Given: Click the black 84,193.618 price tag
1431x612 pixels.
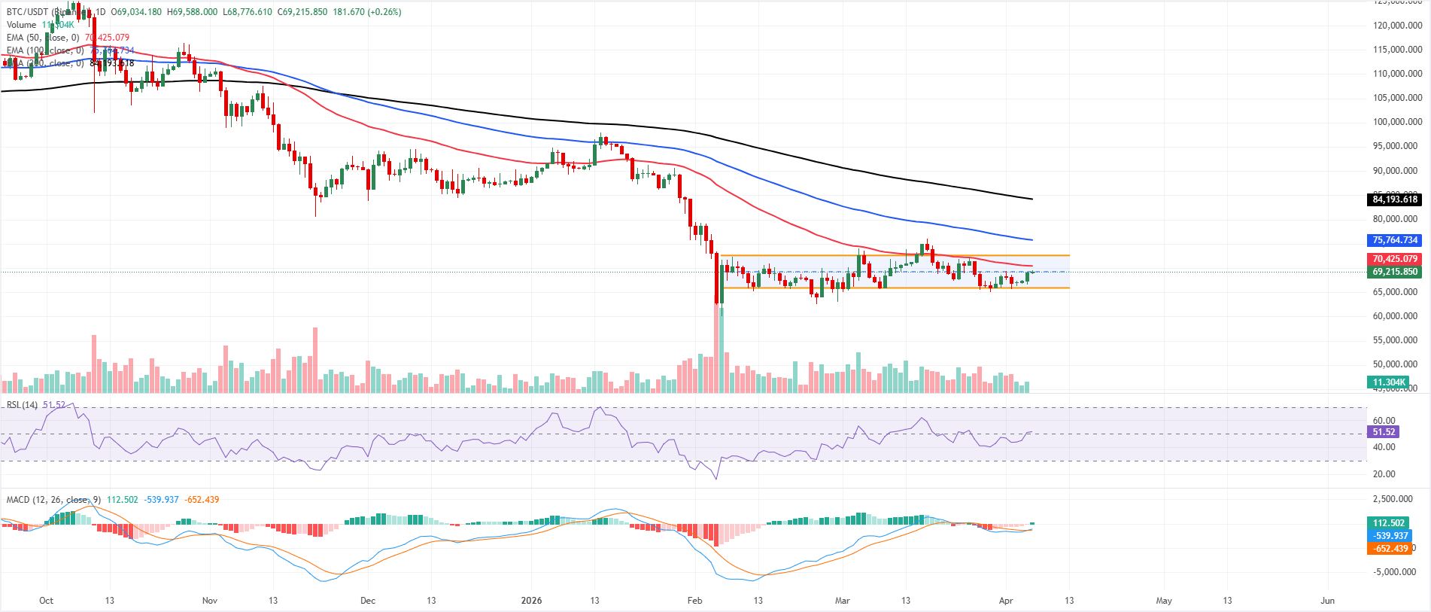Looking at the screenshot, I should (x=1394, y=199).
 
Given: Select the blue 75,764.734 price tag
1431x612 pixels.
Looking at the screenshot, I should (x=1394, y=240).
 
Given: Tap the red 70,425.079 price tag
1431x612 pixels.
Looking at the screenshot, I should (x=1394, y=259).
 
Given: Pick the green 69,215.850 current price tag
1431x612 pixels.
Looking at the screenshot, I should (x=1394, y=272).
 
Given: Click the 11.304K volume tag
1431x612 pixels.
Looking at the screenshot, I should (x=1388, y=382).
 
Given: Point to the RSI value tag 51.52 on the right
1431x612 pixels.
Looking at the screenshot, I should (x=1384, y=432).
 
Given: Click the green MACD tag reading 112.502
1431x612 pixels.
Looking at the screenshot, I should (x=1388, y=523).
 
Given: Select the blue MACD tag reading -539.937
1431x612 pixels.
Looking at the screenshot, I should (x=1390, y=536).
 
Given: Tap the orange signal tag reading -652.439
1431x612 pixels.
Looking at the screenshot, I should (x=1390, y=549).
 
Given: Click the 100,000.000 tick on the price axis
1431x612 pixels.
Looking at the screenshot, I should (x=1397, y=122).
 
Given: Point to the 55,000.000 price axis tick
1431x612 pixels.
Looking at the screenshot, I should (x=1397, y=340).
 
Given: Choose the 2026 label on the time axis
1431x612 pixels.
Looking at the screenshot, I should (x=531, y=601).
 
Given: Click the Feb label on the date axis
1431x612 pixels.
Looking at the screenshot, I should (x=694, y=601).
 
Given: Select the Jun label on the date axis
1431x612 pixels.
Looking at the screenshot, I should (x=1327, y=601).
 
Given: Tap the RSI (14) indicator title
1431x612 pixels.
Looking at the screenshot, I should (x=22, y=405).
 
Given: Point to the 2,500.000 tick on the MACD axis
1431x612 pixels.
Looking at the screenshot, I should (x=1393, y=499).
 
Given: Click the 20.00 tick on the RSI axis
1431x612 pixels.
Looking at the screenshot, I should (x=1384, y=474).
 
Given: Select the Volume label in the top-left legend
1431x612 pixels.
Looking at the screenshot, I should (x=21, y=25).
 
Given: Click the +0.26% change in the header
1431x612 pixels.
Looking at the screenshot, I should (x=384, y=12).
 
